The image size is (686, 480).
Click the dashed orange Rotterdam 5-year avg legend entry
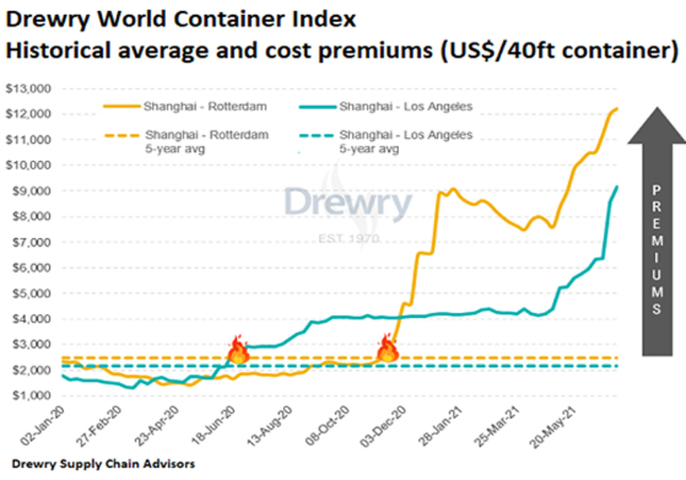[x=194, y=141]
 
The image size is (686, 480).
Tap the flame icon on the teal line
[x=238, y=349]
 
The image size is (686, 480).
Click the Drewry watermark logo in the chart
[x=348, y=205]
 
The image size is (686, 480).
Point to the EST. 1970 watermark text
[x=349, y=238]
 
